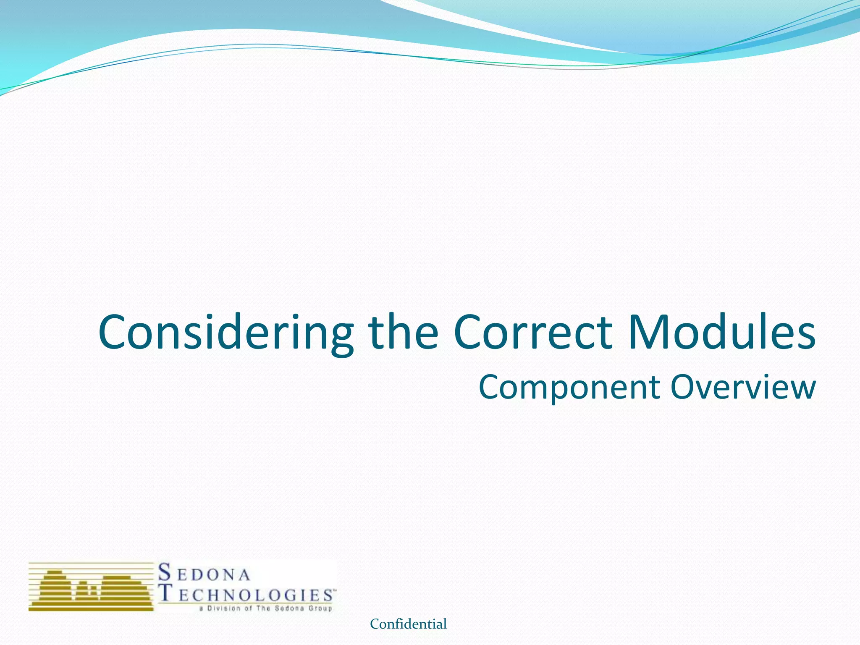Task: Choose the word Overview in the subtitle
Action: pos(743,387)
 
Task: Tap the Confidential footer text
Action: pos(408,624)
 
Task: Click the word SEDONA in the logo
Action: pos(205,573)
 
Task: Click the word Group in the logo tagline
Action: pos(321,608)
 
